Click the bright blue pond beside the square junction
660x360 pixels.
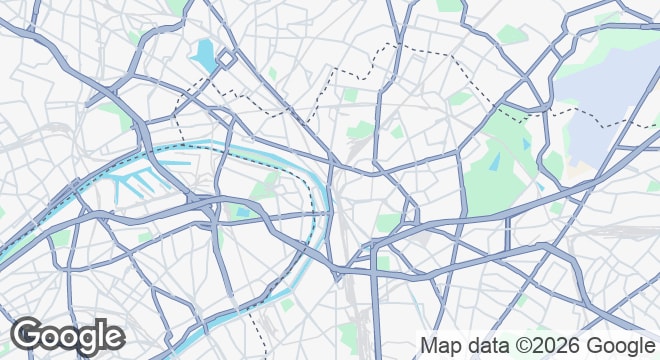tap(206, 53)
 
